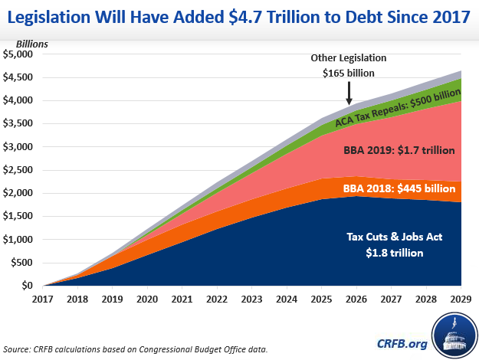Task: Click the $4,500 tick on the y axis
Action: pos(18,77)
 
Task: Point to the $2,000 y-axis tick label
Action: pos(18,193)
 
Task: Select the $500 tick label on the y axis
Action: pos(21,262)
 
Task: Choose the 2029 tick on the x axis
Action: pos(460,299)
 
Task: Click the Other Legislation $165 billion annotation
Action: pos(349,66)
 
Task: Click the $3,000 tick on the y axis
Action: pos(18,146)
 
